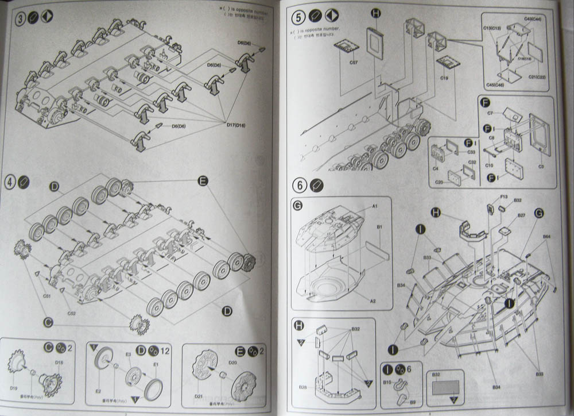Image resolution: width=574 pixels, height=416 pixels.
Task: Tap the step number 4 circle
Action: click(x=10, y=180)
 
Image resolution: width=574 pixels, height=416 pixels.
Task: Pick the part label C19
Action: click(x=444, y=75)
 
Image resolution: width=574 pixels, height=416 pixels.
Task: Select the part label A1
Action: click(x=374, y=205)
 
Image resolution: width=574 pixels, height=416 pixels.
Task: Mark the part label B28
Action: click(x=302, y=387)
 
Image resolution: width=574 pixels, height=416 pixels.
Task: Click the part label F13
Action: click(x=503, y=197)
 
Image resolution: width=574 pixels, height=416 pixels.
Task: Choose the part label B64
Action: click(x=546, y=236)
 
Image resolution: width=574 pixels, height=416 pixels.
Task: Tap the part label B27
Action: click(x=521, y=215)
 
